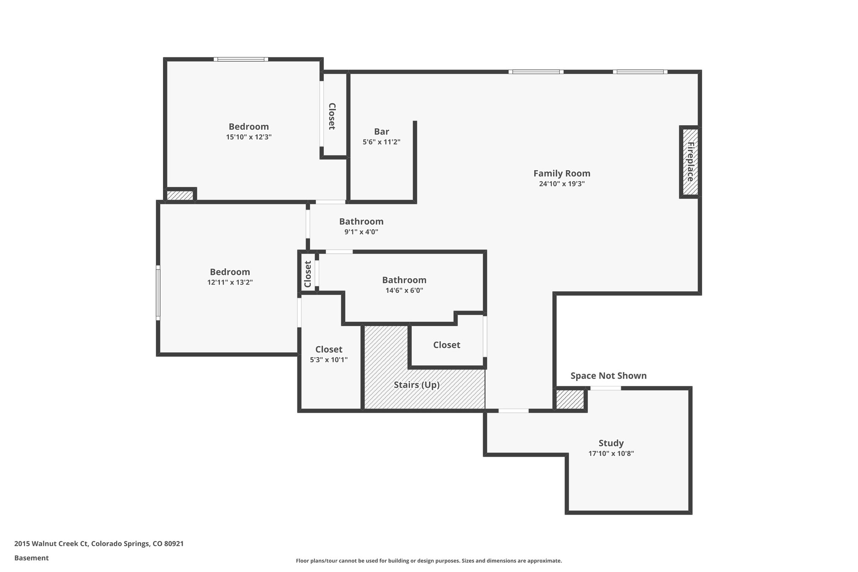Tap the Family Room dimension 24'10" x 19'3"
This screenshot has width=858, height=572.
[562, 184]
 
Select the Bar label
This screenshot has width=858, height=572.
[381, 132]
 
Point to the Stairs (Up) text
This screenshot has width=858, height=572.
[416, 385]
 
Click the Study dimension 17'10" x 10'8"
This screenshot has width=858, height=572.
[611, 453]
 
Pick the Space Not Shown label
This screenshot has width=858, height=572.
[608, 376]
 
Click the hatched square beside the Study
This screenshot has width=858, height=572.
[569, 399]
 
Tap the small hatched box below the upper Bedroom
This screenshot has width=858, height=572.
[180, 195]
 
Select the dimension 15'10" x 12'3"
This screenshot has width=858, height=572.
[249, 137]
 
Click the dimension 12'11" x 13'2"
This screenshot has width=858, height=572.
[230, 282]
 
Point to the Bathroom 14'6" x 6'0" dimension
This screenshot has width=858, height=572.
[404, 290]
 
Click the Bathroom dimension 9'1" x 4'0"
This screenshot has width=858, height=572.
[361, 232]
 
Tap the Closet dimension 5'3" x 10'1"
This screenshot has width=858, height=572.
[329, 360]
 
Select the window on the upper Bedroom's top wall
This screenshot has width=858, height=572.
[241, 60]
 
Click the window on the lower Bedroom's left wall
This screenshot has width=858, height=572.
[158, 292]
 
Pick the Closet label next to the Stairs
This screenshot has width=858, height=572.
[447, 345]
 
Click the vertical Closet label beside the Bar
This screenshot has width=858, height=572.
[331, 116]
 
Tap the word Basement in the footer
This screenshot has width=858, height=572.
[31, 558]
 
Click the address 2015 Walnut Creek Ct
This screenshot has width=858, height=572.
[51, 544]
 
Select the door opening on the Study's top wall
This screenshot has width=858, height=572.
[605, 388]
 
